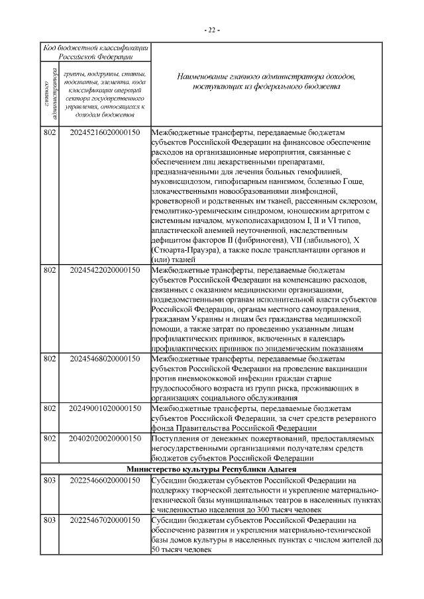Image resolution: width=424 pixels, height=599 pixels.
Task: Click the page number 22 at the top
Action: (x=212, y=30)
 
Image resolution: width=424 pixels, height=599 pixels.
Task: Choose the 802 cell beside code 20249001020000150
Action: (x=49, y=408)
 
